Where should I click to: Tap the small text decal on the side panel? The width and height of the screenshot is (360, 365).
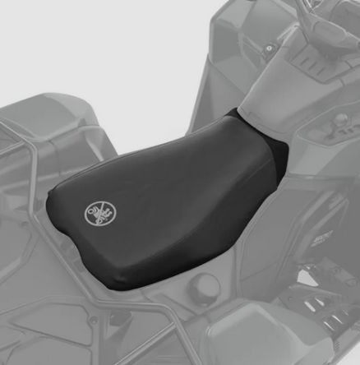321,238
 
